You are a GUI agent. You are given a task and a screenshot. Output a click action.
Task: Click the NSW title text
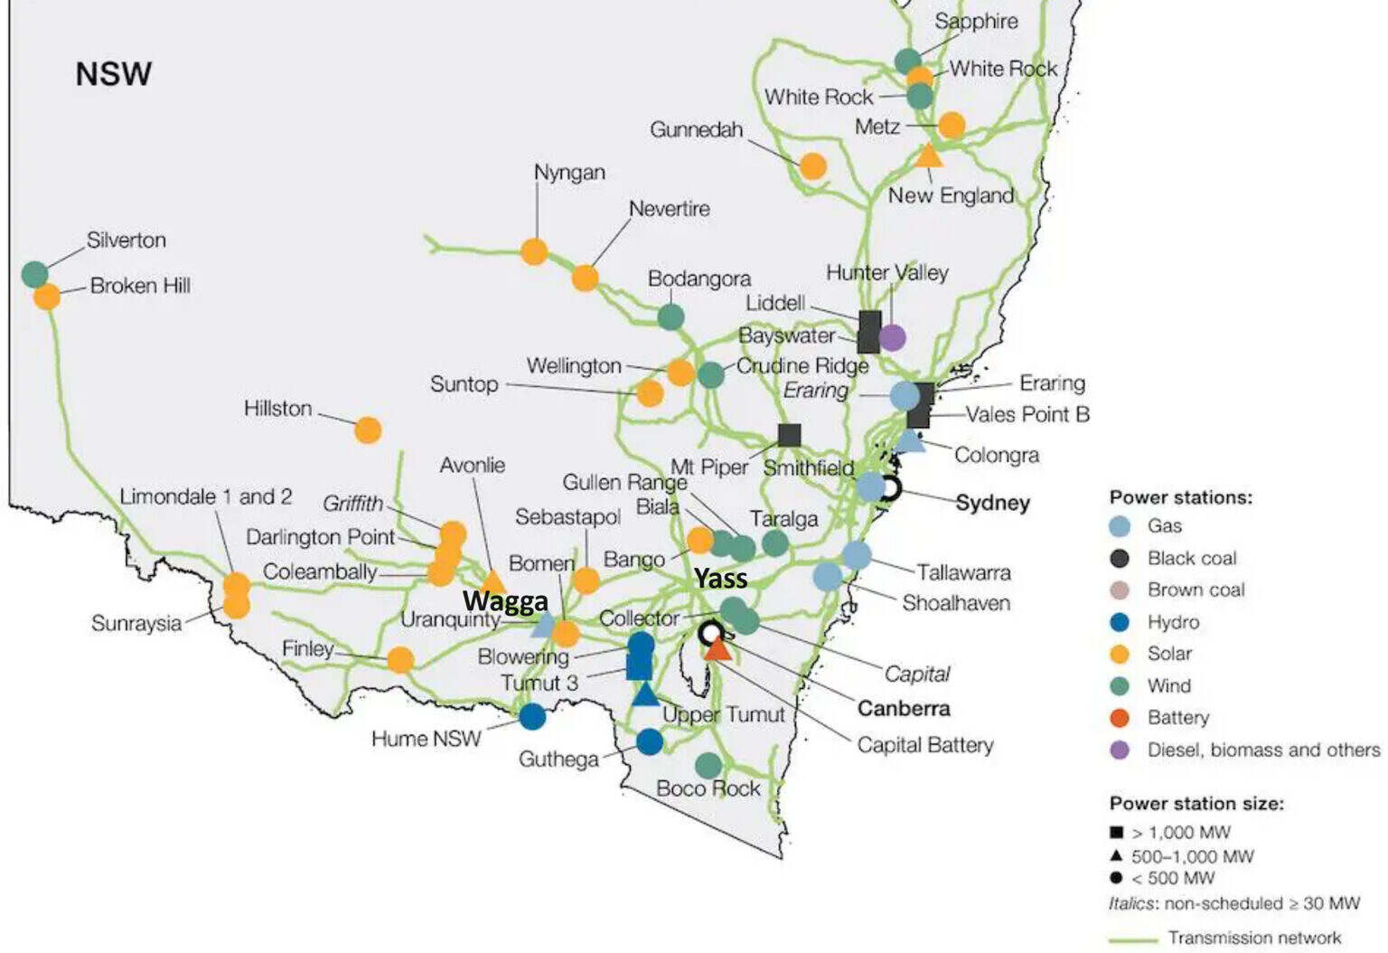[113, 74]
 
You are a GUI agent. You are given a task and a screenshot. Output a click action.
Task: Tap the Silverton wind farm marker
[34, 273]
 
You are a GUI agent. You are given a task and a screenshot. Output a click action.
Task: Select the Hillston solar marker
[368, 429]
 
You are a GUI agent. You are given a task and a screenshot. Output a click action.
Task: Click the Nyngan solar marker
[534, 251]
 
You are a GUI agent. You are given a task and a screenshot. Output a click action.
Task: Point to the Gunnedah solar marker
[812, 166]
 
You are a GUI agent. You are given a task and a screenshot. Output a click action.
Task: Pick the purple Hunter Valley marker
[892, 337]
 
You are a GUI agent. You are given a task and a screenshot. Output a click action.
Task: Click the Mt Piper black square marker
[789, 435]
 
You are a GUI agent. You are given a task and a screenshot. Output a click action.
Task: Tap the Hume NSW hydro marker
[532, 716]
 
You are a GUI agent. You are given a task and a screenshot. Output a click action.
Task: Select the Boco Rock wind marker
[708, 765]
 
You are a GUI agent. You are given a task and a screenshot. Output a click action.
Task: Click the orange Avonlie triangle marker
[493, 581]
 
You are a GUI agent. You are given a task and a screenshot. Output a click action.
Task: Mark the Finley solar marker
[400, 659]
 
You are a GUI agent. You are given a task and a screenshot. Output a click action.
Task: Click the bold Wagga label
[505, 601]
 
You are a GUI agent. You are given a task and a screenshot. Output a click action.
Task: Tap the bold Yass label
[720, 579]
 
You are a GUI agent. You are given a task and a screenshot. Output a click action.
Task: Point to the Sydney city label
[992, 503]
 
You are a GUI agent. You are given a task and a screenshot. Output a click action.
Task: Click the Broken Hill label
[140, 286]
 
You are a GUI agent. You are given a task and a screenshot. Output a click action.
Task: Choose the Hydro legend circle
[1120, 622]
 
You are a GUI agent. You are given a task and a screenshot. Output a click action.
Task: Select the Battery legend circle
[1120, 718]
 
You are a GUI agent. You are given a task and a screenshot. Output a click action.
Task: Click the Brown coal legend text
[1196, 590]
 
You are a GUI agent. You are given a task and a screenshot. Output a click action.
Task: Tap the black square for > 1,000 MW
[1117, 832]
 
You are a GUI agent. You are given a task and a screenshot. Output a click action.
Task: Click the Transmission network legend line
[1133, 939]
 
